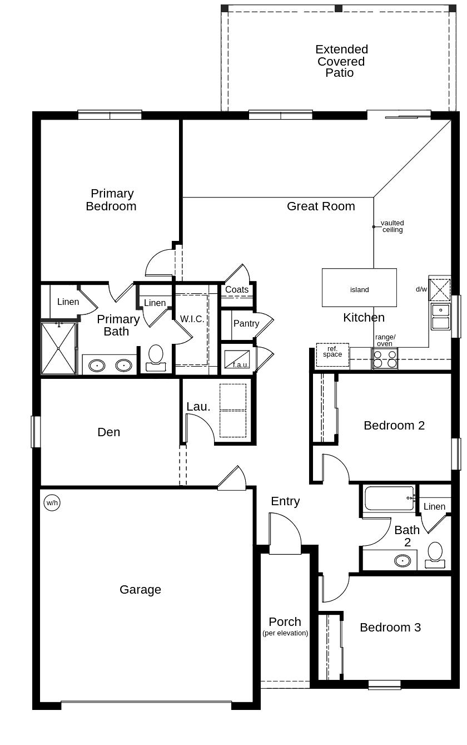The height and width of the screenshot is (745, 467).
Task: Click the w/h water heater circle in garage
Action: tap(52, 503)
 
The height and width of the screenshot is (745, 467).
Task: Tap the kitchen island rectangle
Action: tap(359, 288)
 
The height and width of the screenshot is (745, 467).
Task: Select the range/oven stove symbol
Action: tap(385, 359)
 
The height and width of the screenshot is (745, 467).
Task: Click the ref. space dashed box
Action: tap(332, 355)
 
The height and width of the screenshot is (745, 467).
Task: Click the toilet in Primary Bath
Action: tap(156, 357)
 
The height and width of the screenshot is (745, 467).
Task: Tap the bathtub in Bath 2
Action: tap(389, 498)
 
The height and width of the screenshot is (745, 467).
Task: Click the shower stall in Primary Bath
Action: tap(58, 348)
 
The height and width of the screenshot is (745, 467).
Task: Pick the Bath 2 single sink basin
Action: tap(403, 560)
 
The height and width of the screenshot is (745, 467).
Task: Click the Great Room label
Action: tap(321, 206)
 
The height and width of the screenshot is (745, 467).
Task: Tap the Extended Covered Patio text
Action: tap(341, 61)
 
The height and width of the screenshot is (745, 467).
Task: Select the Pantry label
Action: tap(246, 323)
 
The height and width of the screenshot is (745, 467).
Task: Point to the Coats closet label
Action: tap(237, 289)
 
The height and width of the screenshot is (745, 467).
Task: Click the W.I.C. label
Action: tap(192, 319)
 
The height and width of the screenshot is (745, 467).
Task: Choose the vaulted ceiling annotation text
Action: tap(392, 226)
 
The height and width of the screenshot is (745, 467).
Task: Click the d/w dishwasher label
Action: tap(421, 289)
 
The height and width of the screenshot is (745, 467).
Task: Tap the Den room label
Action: tap(108, 432)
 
